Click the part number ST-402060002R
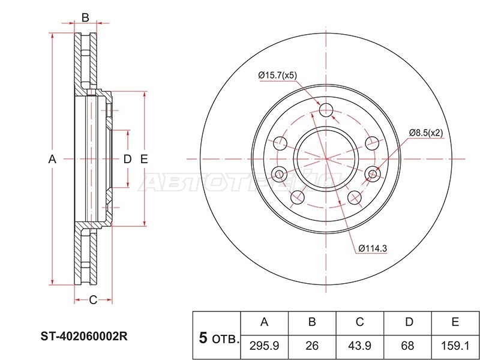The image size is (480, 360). [x=85, y=337]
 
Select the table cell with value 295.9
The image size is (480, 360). [x=264, y=347]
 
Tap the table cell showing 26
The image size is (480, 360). [x=312, y=347]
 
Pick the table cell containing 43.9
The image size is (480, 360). [x=359, y=347]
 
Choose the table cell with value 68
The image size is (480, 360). [x=407, y=347]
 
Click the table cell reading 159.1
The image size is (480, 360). [x=455, y=347]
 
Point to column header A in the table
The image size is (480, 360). [x=264, y=323]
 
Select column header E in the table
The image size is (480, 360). [x=455, y=323]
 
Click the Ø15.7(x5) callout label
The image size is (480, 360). [x=278, y=76]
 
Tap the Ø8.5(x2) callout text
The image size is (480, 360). [x=426, y=133]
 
